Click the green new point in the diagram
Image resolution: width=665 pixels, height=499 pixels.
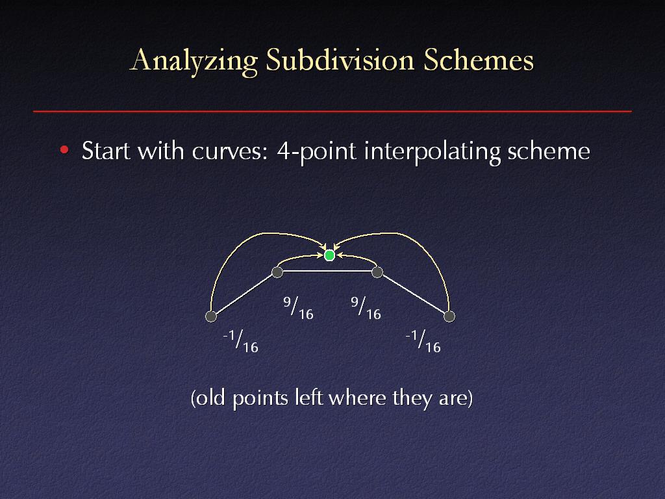click(329, 255)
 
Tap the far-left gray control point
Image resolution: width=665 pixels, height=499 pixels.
click(211, 316)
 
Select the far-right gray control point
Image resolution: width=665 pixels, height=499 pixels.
click(449, 316)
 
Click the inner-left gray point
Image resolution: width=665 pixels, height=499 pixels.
click(277, 272)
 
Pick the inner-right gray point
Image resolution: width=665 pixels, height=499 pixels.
click(377, 272)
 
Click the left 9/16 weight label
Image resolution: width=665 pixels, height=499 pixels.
click(298, 308)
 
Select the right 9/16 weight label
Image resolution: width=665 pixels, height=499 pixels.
click(366, 308)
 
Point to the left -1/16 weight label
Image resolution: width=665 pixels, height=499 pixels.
click(240, 341)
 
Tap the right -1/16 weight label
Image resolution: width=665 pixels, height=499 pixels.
click(423, 341)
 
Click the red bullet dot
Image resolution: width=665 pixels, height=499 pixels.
click(64, 150)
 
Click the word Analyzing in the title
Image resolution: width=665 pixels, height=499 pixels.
click(194, 60)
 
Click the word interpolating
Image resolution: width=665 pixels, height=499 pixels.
click(432, 151)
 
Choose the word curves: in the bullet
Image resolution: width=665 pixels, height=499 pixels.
click(230, 151)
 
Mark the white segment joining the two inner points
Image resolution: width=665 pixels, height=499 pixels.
click(327, 271)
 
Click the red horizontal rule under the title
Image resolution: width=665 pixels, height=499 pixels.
click(332, 112)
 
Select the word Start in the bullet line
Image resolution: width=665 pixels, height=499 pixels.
click(106, 151)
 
